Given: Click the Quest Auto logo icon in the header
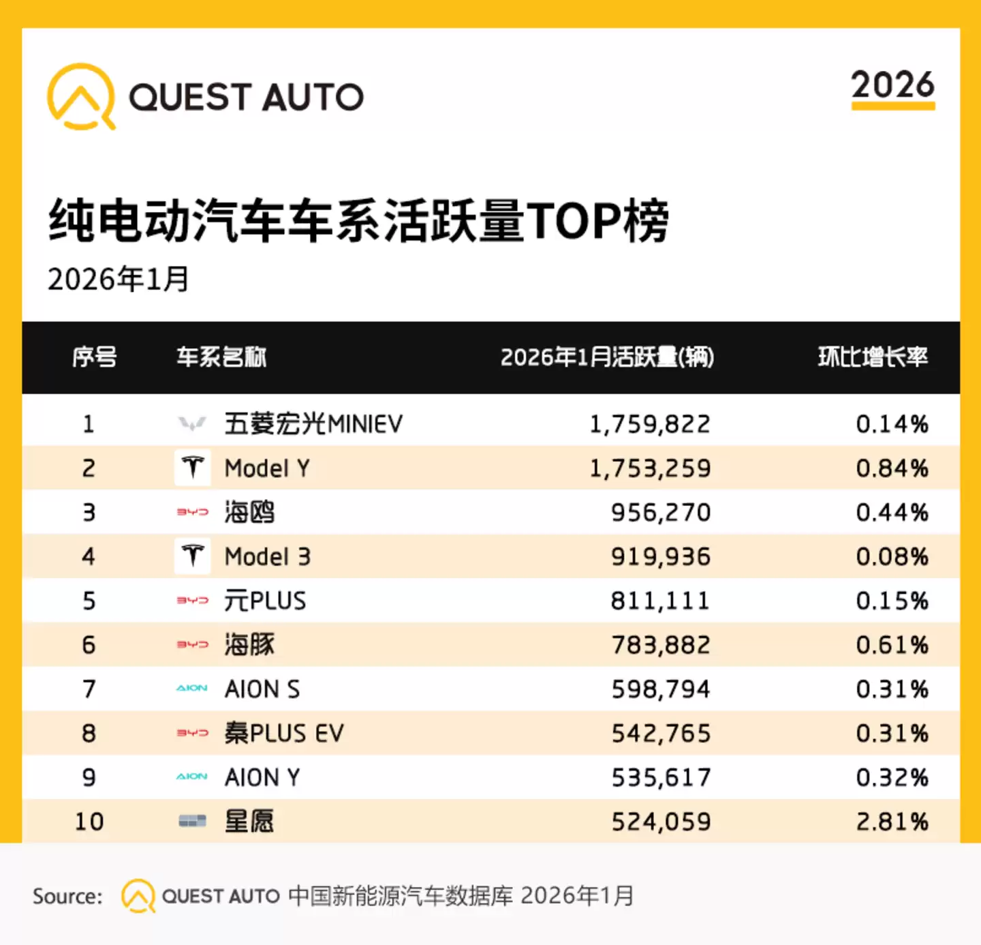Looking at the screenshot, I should [x=81, y=96].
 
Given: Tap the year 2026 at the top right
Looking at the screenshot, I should [x=892, y=85].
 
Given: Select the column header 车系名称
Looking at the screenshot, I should [x=221, y=357].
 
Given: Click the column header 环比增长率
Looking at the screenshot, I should [x=873, y=357].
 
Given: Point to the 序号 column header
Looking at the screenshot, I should [x=95, y=357].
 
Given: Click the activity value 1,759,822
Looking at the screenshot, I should [x=649, y=424].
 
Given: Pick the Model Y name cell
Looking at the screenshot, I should [x=267, y=468].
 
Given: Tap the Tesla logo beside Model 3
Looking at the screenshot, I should [x=193, y=556].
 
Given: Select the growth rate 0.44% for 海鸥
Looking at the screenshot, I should [x=892, y=513].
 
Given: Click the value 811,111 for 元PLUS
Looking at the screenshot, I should [x=659, y=601].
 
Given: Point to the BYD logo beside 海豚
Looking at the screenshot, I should [x=193, y=644].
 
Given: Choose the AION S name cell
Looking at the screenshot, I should [x=262, y=689].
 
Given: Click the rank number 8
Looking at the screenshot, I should [x=89, y=734].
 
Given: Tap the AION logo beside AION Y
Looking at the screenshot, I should [x=192, y=777].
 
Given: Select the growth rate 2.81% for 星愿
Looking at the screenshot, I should [x=892, y=822].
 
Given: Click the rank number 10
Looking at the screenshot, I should [x=89, y=822].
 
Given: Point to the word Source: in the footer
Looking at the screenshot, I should [x=67, y=896].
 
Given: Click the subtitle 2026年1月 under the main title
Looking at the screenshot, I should [x=119, y=279].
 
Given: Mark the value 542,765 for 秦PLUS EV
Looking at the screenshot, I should [x=660, y=734].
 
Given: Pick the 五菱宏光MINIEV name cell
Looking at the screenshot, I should [x=313, y=424].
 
